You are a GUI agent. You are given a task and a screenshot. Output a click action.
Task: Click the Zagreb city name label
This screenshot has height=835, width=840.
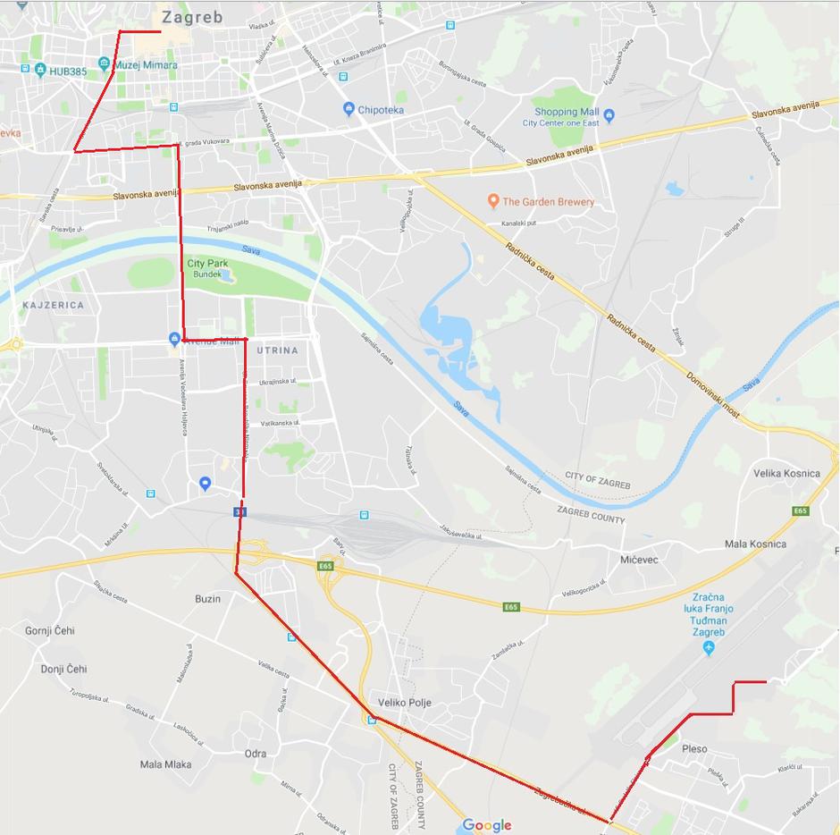[192, 17]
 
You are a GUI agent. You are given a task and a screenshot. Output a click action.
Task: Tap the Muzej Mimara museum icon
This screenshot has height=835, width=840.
[105, 64]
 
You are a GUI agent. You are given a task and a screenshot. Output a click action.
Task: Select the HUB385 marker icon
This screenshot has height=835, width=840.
[39, 71]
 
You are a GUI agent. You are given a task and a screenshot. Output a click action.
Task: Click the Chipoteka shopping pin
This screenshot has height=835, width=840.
[349, 109]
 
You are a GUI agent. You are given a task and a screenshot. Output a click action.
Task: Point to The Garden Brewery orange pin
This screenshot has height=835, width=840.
[492, 201]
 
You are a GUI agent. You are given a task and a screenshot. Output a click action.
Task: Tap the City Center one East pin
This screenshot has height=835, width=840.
[609, 116]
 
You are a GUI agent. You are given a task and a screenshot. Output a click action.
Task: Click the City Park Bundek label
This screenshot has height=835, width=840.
[207, 269]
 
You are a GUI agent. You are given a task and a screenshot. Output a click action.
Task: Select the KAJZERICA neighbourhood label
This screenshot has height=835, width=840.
[54, 305]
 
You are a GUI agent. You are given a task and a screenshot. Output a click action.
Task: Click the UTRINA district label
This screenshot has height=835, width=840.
[277, 350]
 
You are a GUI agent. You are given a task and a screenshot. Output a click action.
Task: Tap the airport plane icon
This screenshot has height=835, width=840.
[710, 646]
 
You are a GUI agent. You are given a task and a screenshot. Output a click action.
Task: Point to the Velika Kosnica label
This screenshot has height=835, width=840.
[786, 473]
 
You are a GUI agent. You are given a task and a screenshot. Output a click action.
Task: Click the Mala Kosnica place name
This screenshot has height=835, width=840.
[755, 544]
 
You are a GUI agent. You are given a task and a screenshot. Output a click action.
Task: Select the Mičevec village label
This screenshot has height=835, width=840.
[639, 559]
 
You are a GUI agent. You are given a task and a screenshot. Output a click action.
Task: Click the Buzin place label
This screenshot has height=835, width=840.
[207, 598]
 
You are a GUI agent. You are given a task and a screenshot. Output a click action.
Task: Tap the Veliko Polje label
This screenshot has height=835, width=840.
[405, 703]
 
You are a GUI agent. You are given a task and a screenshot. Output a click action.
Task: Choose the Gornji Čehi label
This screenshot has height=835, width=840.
[50, 630]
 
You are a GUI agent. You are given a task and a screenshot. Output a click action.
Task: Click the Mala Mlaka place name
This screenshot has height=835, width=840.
[165, 764]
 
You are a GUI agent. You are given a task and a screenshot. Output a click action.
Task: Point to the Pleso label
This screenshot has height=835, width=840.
[694, 749]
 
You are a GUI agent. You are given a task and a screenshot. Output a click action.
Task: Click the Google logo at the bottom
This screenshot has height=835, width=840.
[487, 825]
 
